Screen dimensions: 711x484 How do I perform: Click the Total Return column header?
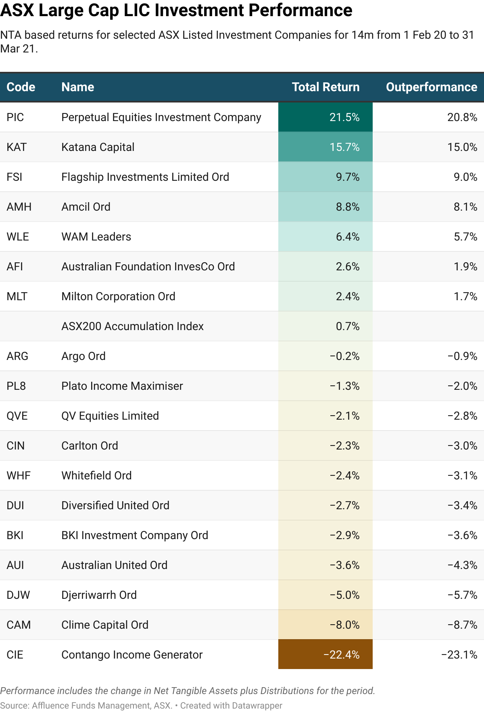(x=325, y=87)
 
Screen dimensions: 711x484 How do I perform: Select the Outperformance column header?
(x=431, y=87)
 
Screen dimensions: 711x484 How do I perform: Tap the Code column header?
(x=21, y=87)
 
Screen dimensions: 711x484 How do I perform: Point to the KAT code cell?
(x=17, y=147)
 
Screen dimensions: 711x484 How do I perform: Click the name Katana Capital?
(x=98, y=147)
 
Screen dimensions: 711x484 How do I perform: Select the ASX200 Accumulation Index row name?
(x=132, y=326)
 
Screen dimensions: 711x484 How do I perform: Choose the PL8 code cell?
(x=16, y=386)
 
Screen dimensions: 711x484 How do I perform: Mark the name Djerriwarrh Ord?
(x=99, y=595)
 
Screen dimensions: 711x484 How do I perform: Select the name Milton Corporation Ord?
(x=118, y=297)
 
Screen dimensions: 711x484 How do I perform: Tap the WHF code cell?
(x=19, y=476)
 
